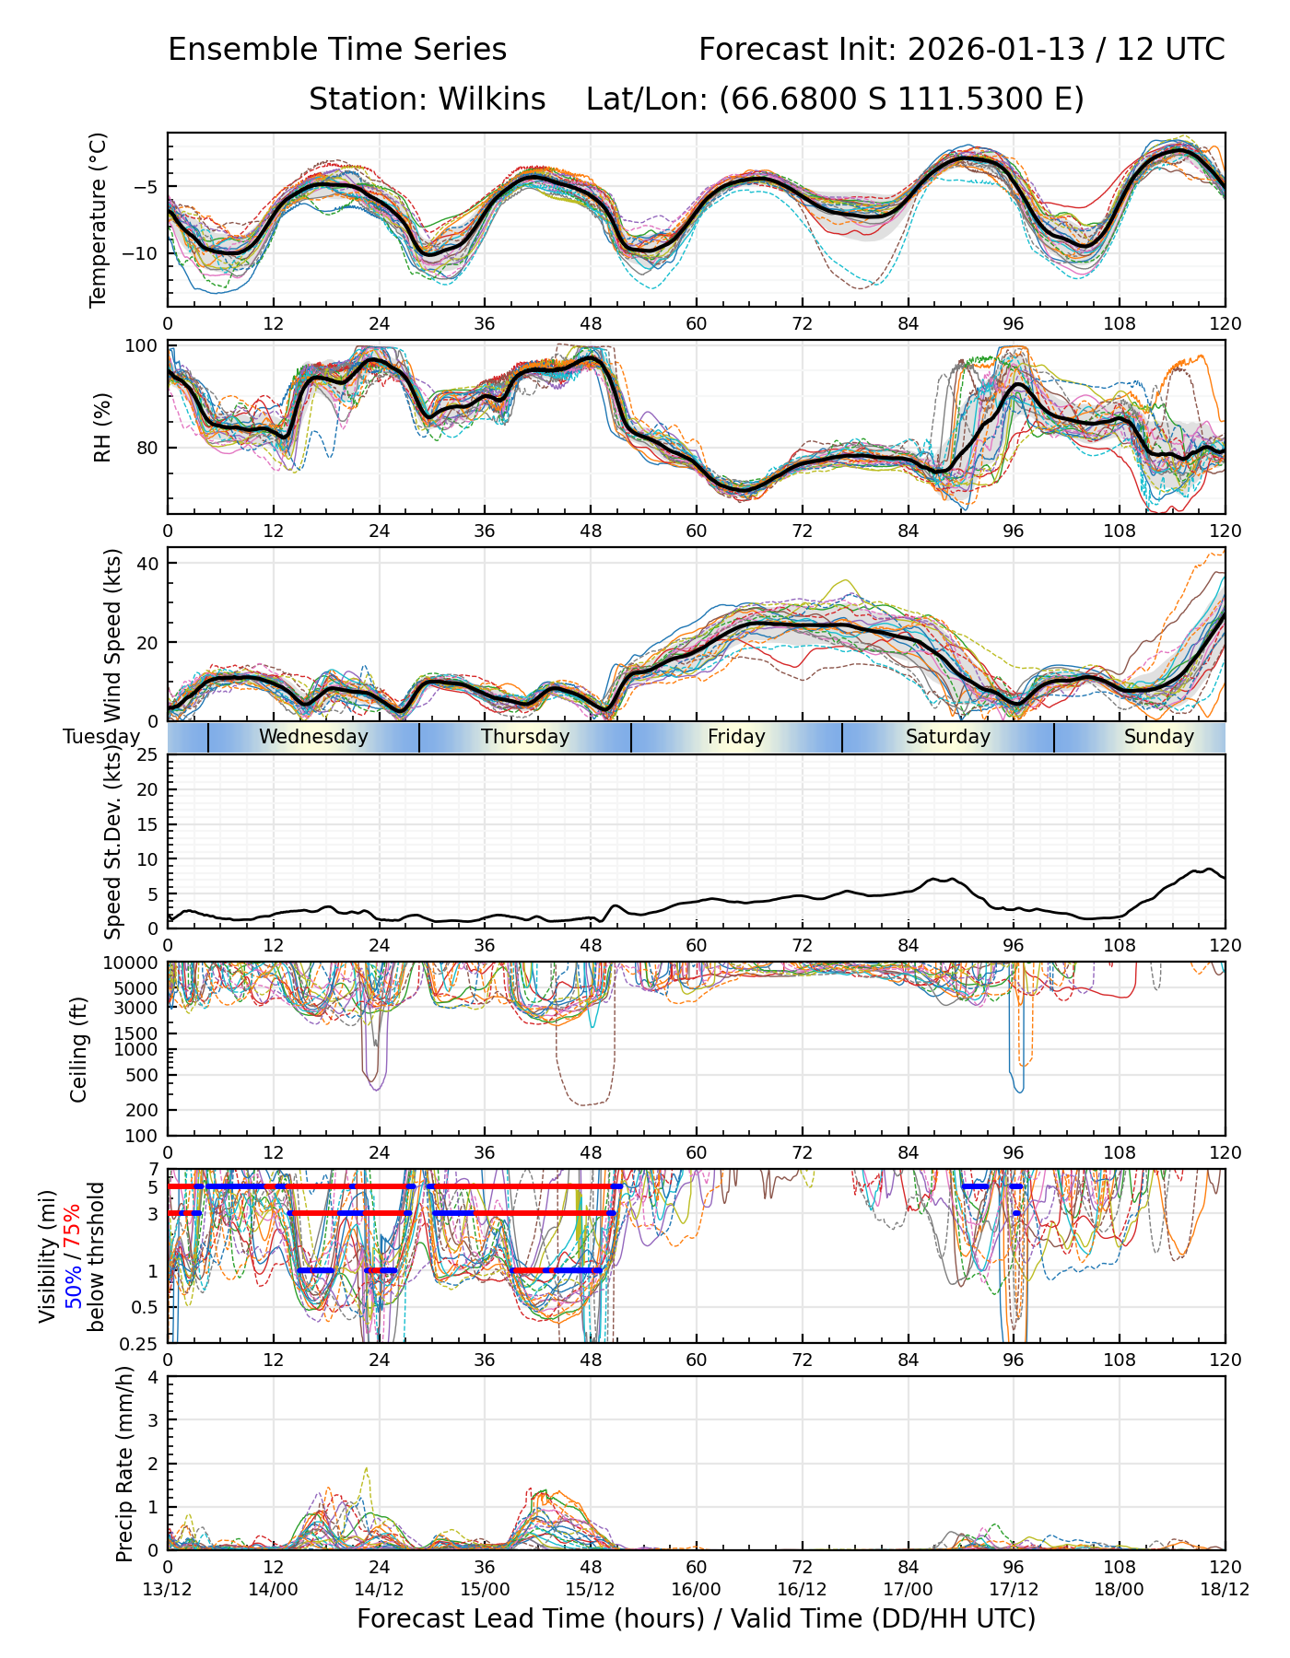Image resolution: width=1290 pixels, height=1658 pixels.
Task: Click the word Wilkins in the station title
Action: coord(492,99)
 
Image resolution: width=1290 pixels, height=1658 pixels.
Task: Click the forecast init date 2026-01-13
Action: coord(996,50)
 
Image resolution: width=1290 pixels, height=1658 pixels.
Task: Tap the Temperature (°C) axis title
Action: coord(99,219)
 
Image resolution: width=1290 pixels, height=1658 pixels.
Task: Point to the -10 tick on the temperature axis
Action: coord(145,253)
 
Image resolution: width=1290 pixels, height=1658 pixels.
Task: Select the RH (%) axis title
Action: coord(102,426)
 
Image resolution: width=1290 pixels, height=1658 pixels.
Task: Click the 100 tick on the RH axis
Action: coord(142,346)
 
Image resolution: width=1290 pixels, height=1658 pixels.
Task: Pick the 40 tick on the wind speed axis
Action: coord(147,563)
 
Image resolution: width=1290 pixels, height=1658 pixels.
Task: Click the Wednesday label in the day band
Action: coord(313,737)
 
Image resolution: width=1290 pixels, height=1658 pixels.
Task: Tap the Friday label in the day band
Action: coord(736,737)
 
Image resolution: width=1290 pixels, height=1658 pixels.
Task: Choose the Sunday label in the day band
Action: coord(1158,737)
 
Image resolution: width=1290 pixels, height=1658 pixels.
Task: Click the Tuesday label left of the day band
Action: coord(101,737)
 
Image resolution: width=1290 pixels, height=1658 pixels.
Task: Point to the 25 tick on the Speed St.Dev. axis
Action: coord(147,755)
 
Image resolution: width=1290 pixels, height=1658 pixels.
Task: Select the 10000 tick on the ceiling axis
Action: coord(133,963)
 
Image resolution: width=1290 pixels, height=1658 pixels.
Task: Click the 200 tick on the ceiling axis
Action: coord(142,1110)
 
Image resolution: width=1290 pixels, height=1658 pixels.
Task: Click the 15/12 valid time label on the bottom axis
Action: coord(591,1590)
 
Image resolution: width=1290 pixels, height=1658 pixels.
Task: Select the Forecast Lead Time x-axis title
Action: coord(696,1619)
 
